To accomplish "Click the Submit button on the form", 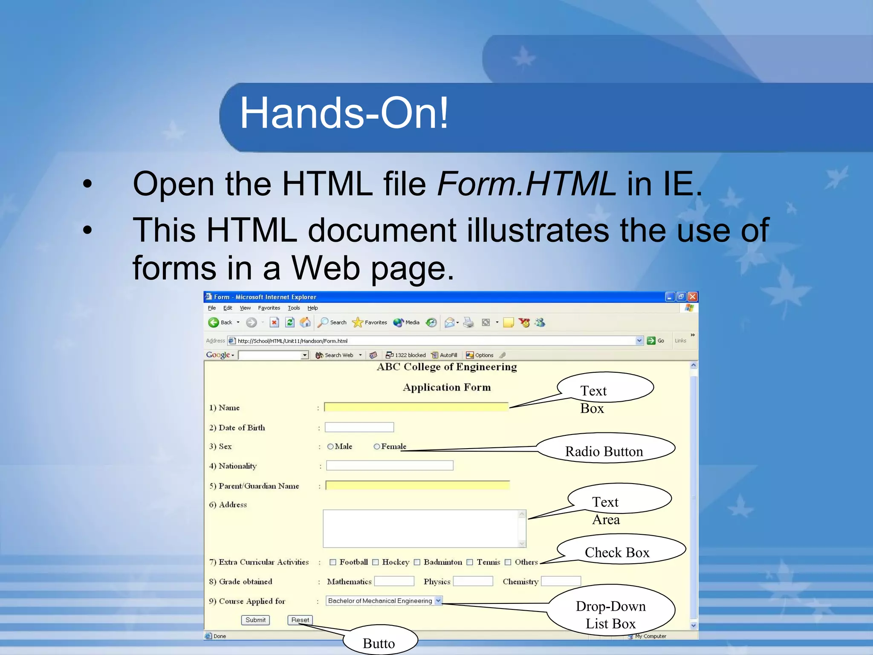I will pyautogui.click(x=255, y=620).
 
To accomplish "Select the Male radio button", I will pyautogui.click(x=330, y=446).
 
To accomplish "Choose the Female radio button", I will pyautogui.click(x=377, y=446).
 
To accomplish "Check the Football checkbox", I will pyautogui.click(x=333, y=562).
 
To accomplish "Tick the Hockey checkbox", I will pyautogui.click(x=376, y=562).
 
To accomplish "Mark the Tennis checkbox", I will pyautogui.click(x=470, y=562).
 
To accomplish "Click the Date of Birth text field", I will pyautogui.click(x=359, y=427).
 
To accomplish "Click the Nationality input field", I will pyautogui.click(x=390, y=466).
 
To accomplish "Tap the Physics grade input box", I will pyautogui.click(x=473, y=581).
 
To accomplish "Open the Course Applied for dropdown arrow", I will pyautogui.click(x=438, y=601).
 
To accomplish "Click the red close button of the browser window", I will pyautogui.click(x=693, y=297).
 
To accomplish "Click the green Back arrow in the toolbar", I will pyautogui.click(x=214, y=322).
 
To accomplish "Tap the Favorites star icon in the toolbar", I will pyautogui.click(x=357, y=322).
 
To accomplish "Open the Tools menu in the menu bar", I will pyautogui.click(x=294, y=308).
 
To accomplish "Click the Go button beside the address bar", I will pyautogui.click(x=656, y=341).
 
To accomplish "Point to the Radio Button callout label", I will pyautogui.click(x=604, y=451).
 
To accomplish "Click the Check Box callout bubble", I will pyautogui.click(x=617, y=552).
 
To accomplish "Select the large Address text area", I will pyautogui.click(x=422, y=529).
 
